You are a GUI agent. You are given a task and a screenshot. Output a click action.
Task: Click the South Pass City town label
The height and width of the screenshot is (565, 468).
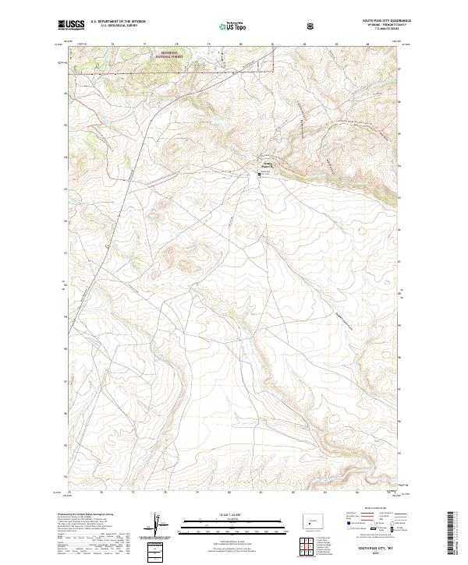click(265, 164)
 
